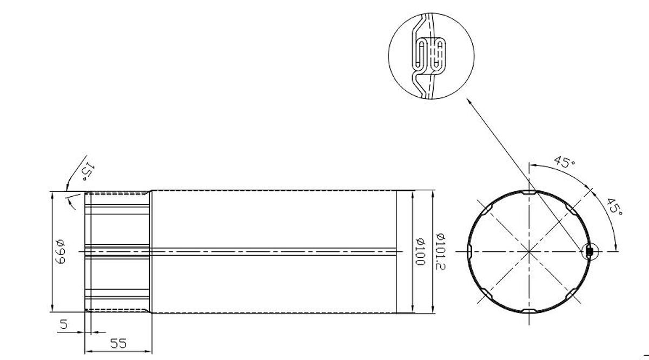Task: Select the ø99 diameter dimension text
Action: pyautogui.click(x=59, y=251)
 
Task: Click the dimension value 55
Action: pyautogui.click(x=119, y=343)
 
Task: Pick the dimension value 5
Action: pyautogui.click(x=63, y=324)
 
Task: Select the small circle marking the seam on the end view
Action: pyautogui.click(x=589, y=251)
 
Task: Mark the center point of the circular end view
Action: pyautogui.click(x=528, y=251)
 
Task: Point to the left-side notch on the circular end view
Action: pyautogui.click(x=469, y=251)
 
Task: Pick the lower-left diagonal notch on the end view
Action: pyautogui.click(x=486, y=294)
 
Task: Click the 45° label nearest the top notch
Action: pyautogui.click(x=564, y=162)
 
